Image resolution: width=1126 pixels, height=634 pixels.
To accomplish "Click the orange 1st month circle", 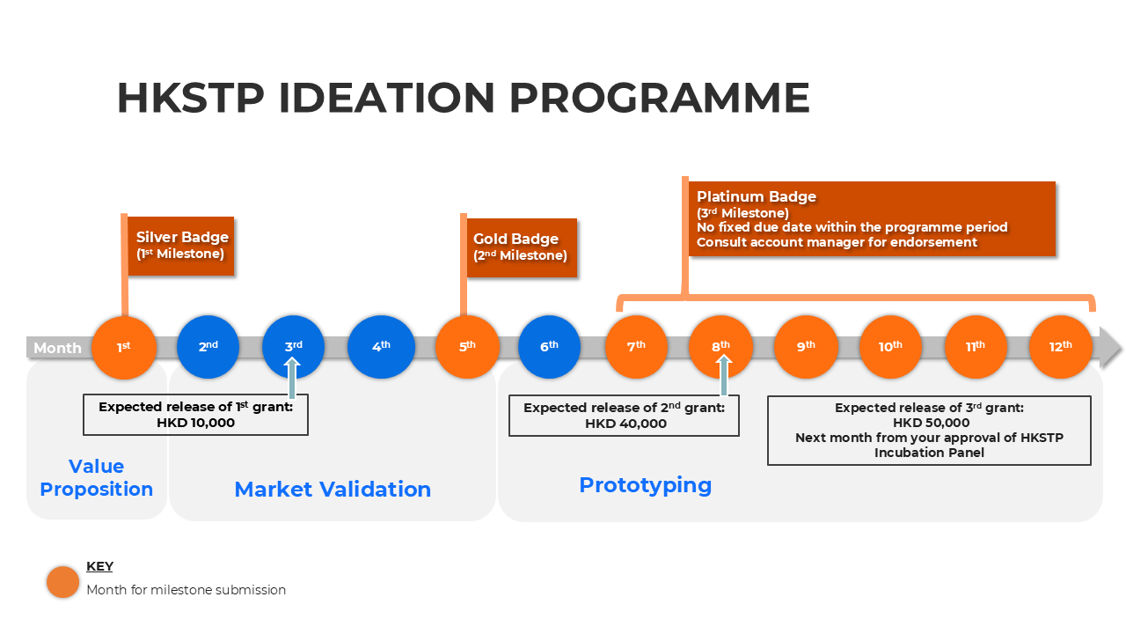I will coord(124,347).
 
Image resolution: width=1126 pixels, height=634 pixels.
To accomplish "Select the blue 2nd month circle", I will coord(208,347).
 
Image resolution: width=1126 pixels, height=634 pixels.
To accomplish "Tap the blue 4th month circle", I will coord(381,347).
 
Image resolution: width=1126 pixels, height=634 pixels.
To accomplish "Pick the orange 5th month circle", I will coord(467,347).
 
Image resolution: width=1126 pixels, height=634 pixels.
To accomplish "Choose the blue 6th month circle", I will coord(550,346).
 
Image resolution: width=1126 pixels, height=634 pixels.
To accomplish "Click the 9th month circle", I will coord(806,347).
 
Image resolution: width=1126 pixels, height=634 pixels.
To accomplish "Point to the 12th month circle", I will coord(1061,347).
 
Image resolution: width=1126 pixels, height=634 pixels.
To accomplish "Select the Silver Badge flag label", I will coord(181,246).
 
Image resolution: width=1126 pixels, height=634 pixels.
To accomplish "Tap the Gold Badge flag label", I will coord(521,247).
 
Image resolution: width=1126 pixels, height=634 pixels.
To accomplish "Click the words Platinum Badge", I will coord(757,197).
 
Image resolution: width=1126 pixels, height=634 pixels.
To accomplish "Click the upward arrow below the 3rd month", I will coord(293,378).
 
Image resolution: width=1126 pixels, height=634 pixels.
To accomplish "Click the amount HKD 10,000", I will coord(195,423).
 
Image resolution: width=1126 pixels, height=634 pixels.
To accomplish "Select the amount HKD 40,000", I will coord(625,424).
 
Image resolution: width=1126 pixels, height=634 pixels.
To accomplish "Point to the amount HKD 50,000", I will coord(930,423).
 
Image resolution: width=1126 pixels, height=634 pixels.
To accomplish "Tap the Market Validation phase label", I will coord(333,490).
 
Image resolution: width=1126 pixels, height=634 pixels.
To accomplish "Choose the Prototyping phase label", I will coord(645,485).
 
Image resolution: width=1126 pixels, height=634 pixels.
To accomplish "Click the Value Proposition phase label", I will coord(97,477).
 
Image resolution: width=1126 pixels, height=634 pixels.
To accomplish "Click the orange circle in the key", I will coord(63,582).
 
